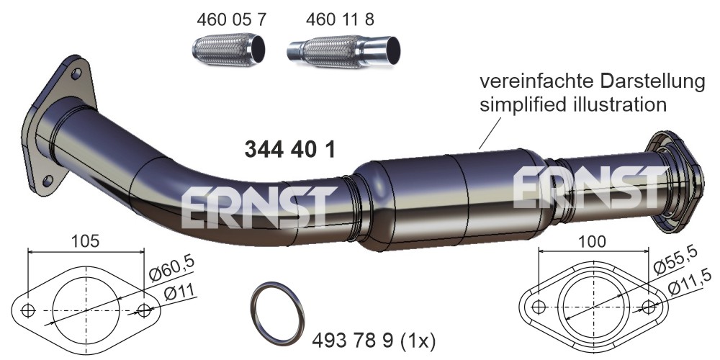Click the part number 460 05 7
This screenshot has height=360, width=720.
click(x=231, y=19)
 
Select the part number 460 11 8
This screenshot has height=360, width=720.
click(x=340, y=19)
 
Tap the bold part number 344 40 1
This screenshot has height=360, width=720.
click(x=289, y=150)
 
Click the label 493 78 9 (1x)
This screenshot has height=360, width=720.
click(x=373, y=341)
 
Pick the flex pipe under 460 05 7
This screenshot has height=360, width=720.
click(x=228, y=49)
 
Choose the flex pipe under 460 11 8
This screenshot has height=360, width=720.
click(x=343, y=50)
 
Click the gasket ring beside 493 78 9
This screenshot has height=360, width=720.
click(x=278, y=313)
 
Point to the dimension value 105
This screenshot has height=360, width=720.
click(x=86, y=240)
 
